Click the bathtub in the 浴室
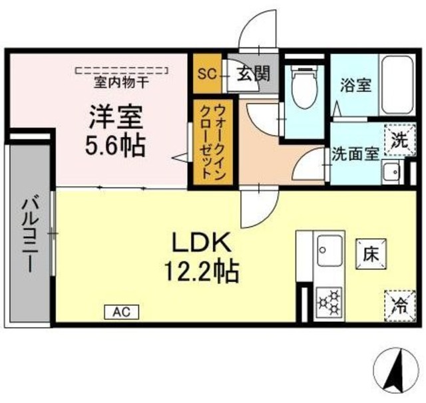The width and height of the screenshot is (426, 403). [398, 85]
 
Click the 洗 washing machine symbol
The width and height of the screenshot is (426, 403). [397, 140]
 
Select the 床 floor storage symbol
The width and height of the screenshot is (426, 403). [371, 253]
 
